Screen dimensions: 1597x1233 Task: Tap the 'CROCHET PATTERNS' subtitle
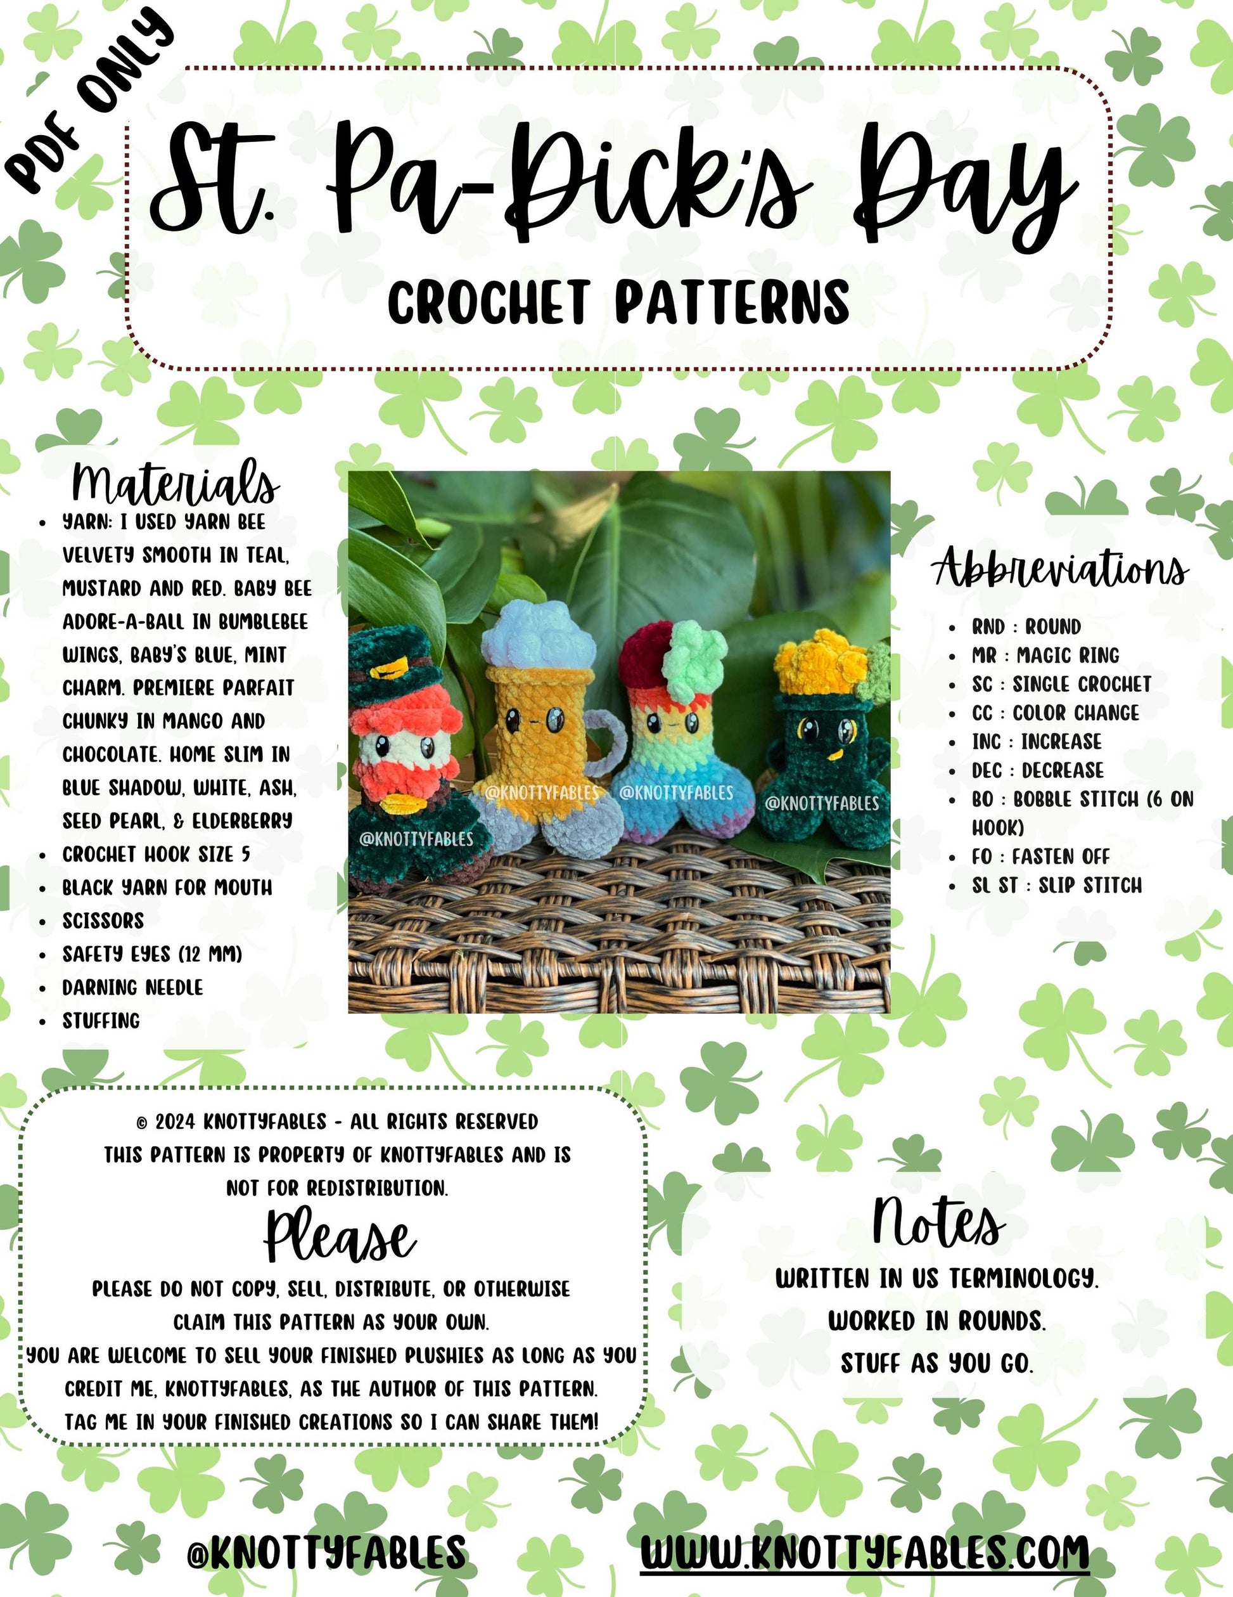[618, 301]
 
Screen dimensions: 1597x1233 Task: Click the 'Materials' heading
[176, 482]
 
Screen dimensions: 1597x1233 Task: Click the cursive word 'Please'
[340, 1236]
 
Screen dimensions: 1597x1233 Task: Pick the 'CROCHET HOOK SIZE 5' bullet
[156, 854]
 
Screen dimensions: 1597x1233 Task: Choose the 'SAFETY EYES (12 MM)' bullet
[152, 954]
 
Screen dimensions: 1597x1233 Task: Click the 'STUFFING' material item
[101, 1020]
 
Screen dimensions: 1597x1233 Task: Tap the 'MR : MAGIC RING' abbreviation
[1045, 655]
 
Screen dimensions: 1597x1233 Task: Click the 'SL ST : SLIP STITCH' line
[1057, 886]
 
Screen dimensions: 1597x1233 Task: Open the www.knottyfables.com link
[865, 1551]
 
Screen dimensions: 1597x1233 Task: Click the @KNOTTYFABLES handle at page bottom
[327, 1551]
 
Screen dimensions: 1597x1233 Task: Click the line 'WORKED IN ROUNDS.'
[937, 1321]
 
